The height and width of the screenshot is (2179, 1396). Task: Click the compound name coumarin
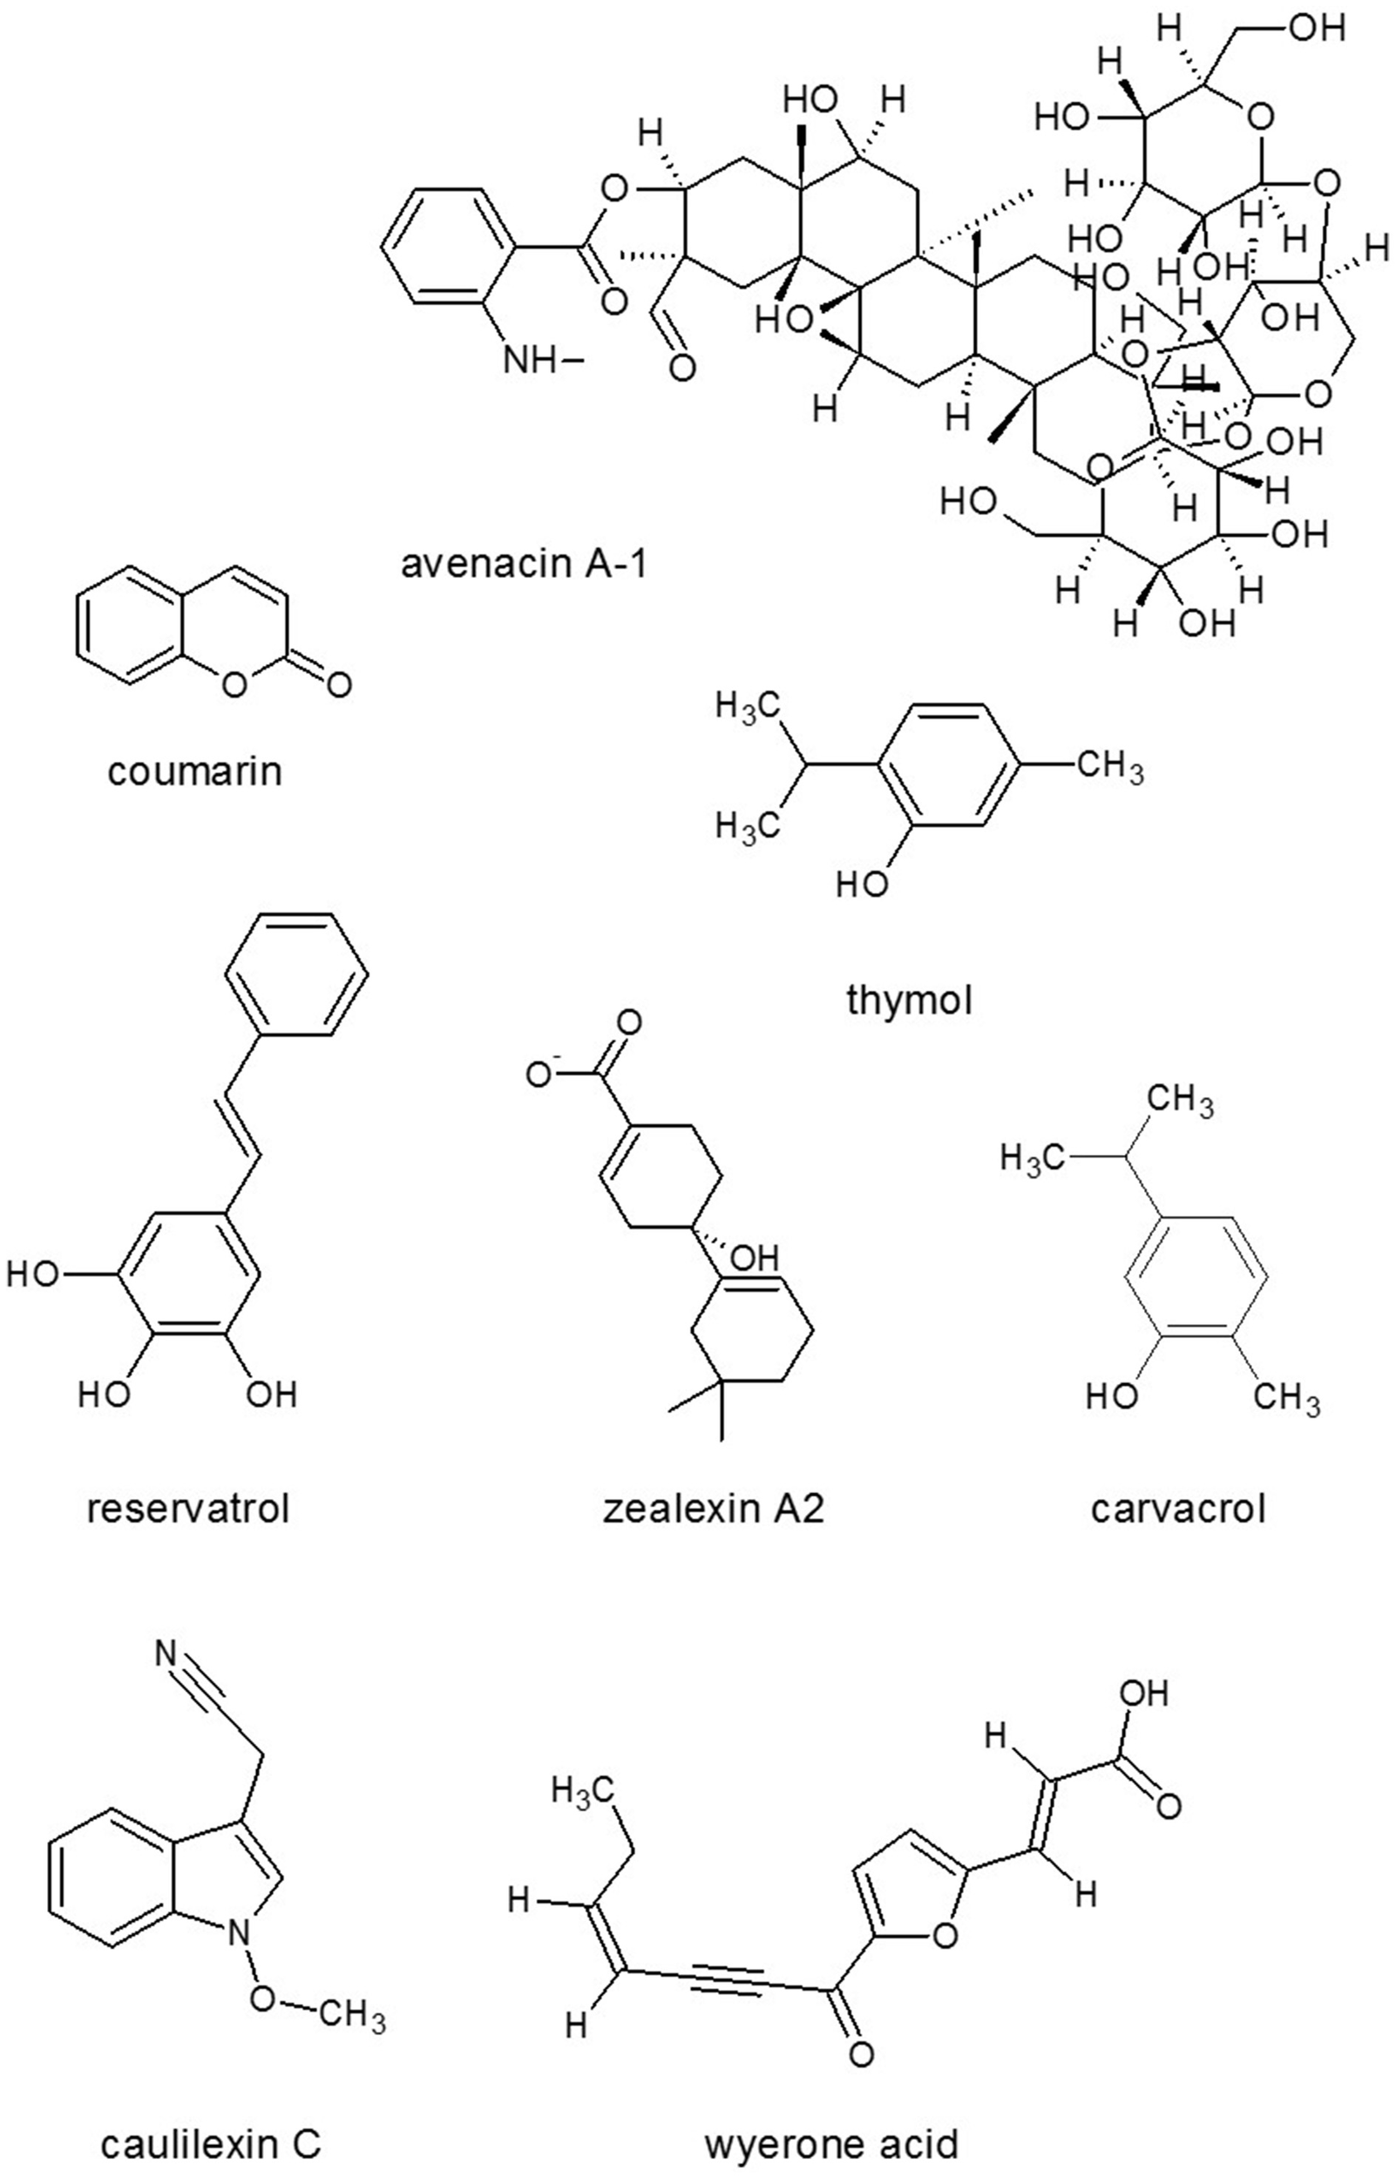(195, 772)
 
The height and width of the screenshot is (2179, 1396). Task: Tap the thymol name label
(909, 1001)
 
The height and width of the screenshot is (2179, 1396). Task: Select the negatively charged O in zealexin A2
(542, 1076)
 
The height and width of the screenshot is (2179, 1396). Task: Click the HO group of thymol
(861, 883)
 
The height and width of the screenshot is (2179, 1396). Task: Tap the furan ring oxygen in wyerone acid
(944, 1935)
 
